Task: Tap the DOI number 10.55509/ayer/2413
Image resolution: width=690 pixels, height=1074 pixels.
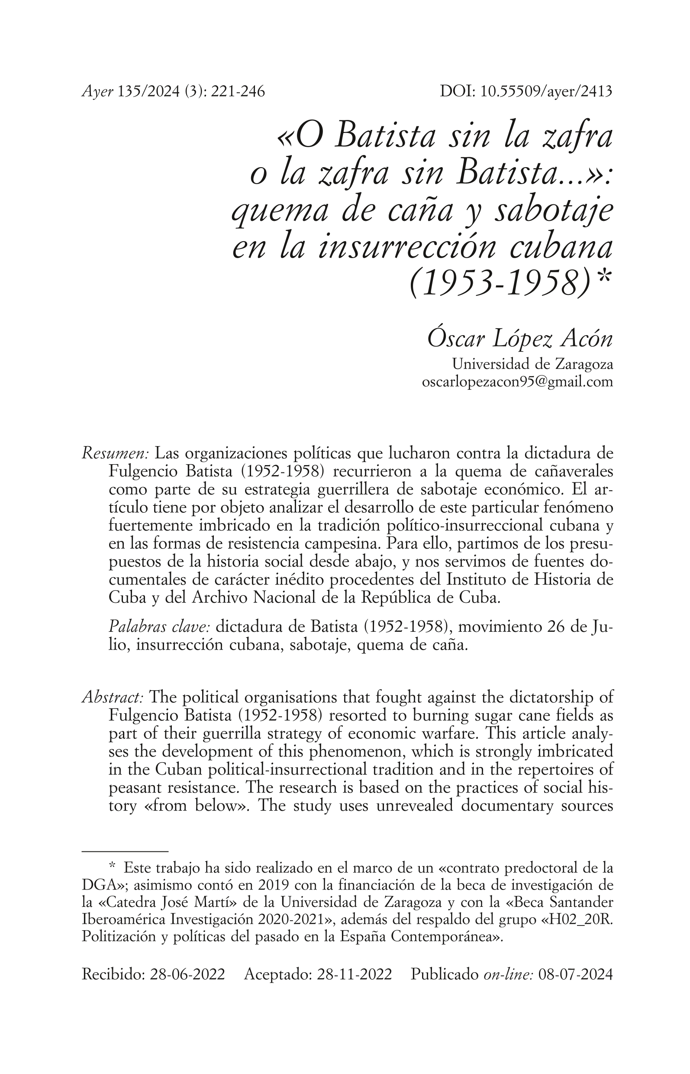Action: [546, 92]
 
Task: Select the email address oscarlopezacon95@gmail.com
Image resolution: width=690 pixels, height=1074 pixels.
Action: [518, 382]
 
